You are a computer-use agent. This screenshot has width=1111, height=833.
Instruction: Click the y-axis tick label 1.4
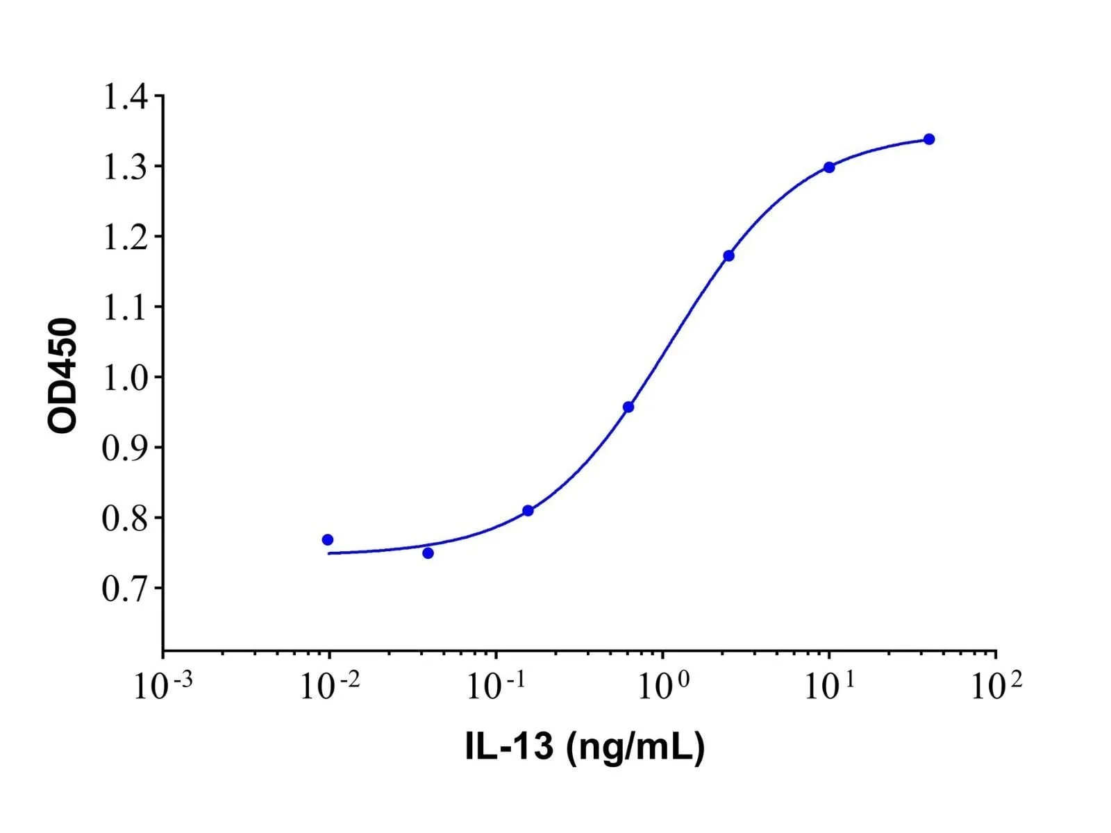pos(126,96)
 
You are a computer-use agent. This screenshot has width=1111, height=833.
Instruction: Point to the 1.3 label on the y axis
pos(126,167)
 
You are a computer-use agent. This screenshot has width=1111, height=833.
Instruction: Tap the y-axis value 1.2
pos(126,237)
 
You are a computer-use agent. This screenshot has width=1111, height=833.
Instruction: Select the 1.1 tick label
pos(126,307)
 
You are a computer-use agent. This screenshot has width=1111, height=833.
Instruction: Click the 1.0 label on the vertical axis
pos(126,378)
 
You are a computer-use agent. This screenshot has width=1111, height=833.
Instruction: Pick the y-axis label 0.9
pos(126,448)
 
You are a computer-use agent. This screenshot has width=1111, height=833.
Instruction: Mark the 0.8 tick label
pos(126,518)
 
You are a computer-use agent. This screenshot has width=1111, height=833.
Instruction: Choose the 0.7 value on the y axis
pos(126,588)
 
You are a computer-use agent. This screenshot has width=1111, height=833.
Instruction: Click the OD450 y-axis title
pos(62,376)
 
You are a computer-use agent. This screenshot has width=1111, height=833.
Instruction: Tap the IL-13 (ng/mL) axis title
pos(585,748)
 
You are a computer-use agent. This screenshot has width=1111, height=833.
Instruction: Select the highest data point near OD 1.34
pos(929,139)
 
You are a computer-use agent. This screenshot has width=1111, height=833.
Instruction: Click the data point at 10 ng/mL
pos(829,167)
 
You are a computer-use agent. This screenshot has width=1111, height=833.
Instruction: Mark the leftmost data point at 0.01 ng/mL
pos(328,539)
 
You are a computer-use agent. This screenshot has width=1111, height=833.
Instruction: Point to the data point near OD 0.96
pos(628,407)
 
